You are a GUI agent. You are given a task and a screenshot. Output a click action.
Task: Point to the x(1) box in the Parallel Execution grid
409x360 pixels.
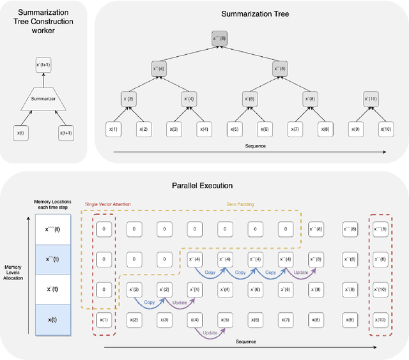click(x=105, y=317)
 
